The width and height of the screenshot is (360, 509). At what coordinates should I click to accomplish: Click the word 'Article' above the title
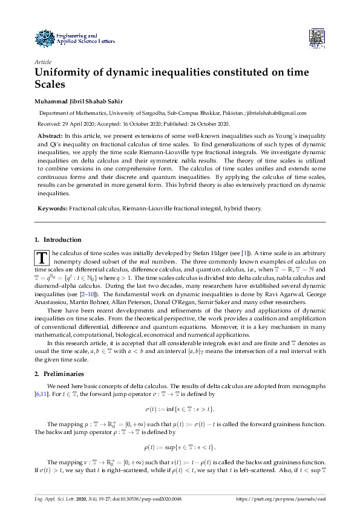[43, 62]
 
